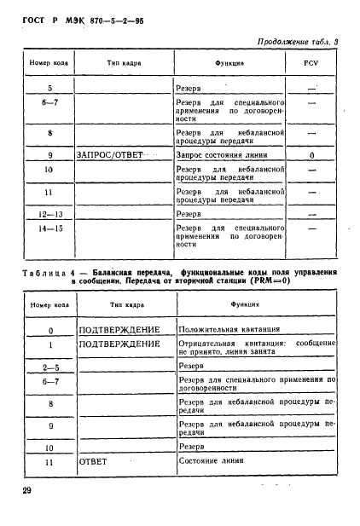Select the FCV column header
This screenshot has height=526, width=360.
coord(311,64)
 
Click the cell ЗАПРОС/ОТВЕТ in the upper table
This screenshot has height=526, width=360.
coord(110,156)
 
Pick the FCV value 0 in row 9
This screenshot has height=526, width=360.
coord(311,156)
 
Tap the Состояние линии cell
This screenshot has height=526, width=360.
coord(208,461)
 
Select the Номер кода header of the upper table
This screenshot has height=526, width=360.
coord(50,64)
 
